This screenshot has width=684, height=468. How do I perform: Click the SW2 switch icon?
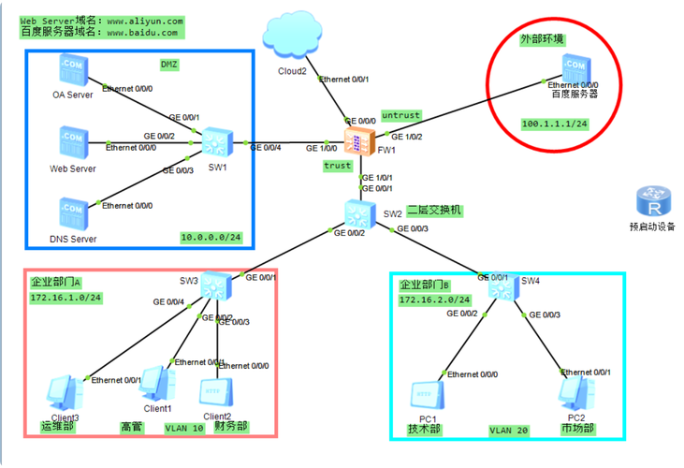pos(359,212)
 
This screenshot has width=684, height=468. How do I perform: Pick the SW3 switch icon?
pos(216,285)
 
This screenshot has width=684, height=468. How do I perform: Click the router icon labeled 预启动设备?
pos(651,202)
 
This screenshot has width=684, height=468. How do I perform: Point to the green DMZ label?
pos(169,65)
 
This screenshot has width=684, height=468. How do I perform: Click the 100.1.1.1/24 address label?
pos(554,124)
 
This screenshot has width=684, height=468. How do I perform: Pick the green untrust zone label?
pos(400,115)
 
